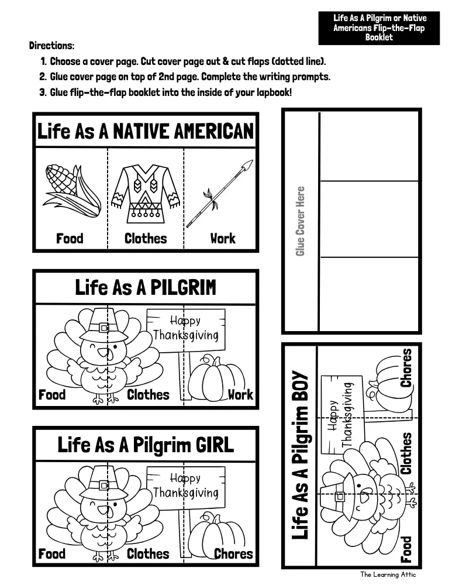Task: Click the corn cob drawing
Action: pos(72,191)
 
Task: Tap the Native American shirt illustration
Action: pos(146,194)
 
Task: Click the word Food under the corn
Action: pos(70,239)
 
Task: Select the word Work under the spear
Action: pos(223,239)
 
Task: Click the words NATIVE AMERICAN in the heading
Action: pos(183,131)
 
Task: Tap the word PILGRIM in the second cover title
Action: pos(183,288)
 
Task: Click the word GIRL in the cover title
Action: pos(213,445)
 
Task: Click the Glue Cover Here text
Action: pos(300,221)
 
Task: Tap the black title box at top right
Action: pos(379,28)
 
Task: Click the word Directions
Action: pos(52,46)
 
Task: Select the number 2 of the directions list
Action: pos(43,77)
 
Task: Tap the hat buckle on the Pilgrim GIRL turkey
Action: pos(103,486)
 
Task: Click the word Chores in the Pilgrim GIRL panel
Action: pos(233,553)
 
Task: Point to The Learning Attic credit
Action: pos(388,574)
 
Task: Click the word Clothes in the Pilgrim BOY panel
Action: pos(406,453)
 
